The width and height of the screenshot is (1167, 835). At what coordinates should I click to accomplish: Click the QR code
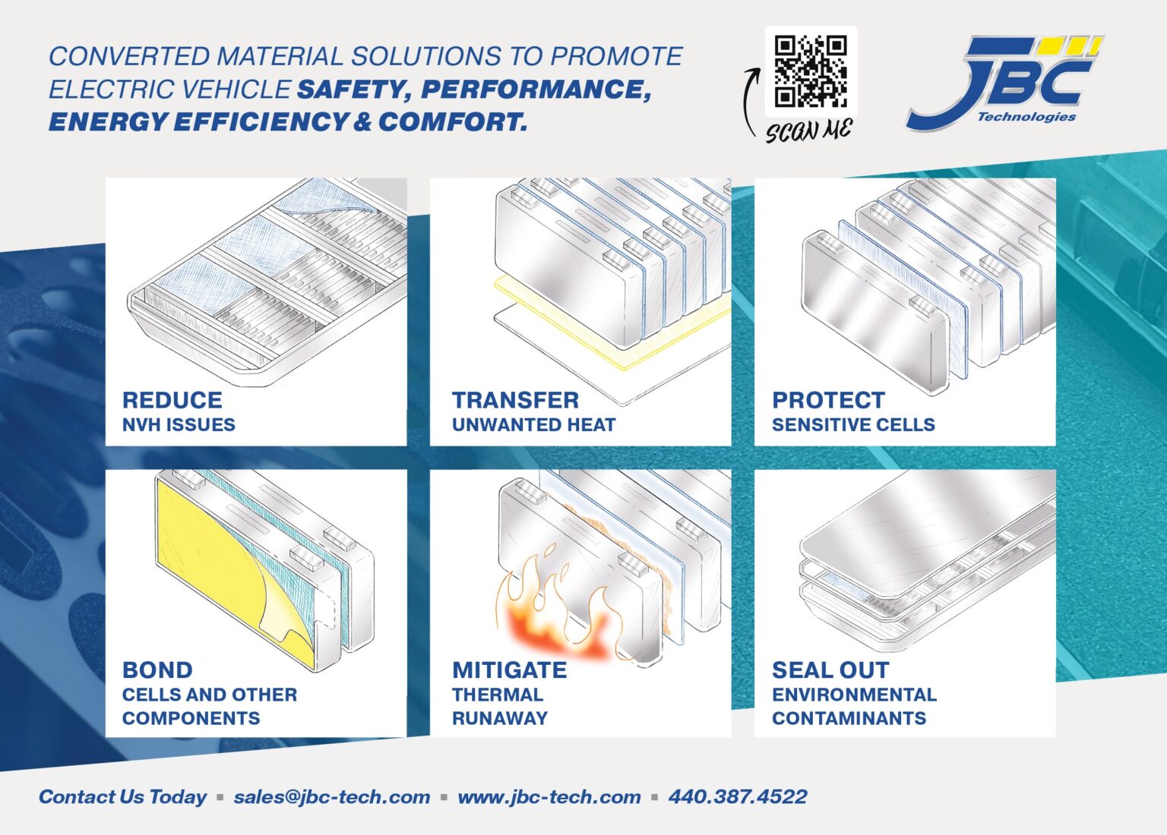point(810,71)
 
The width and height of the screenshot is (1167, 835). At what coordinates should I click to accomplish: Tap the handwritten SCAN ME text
point(809,130)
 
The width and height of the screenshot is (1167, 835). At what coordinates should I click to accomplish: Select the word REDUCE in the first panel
point(172,400)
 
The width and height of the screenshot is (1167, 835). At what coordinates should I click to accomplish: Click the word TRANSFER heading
point(515,400)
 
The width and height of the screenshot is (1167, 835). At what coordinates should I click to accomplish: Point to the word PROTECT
point(828,400)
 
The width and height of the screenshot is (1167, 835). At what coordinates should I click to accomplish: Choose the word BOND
point(157,670)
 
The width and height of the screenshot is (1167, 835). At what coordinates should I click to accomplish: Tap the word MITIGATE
point(509,670)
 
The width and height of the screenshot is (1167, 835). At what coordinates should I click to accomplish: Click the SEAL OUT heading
point(830,670)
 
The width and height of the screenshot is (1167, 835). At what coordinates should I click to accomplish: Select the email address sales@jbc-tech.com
point(331,797)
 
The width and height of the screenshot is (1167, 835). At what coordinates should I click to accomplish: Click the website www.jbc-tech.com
point(549,797)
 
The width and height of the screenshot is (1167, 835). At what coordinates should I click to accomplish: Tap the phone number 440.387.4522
point(737,797)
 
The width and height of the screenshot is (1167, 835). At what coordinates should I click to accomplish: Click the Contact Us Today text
point(122,797)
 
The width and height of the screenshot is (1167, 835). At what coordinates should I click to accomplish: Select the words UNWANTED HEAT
point(533,425)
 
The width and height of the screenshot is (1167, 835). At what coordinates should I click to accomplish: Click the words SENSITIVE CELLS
point(853,425)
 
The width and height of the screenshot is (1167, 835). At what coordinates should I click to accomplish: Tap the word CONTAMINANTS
point(849,718)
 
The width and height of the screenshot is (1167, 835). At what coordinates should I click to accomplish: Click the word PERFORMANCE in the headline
point(536,90)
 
